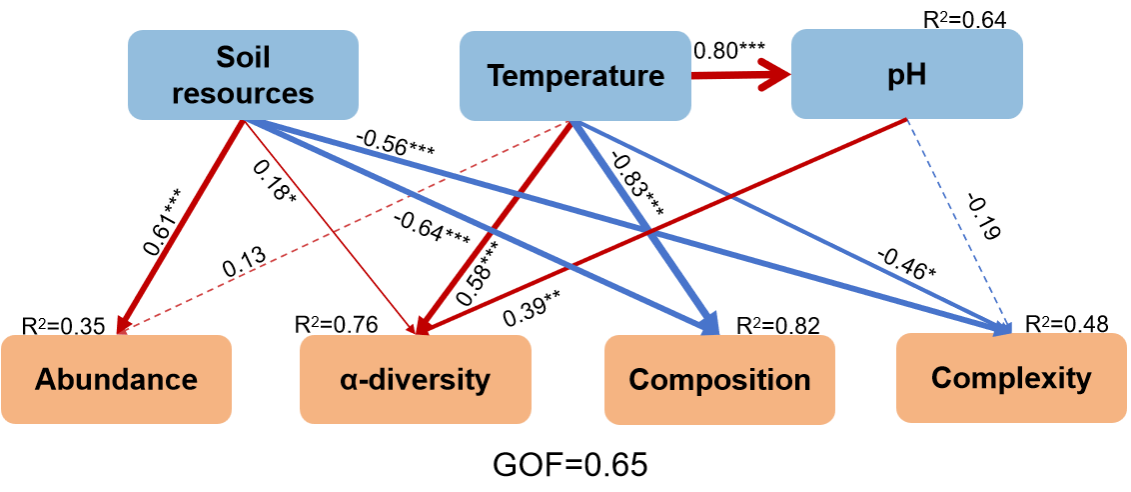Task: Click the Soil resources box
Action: click(x=243, y=75)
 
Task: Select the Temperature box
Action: click(x=574, y=76)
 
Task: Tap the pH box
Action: click(x=906, y=75)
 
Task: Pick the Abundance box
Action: click(x=116, y=379)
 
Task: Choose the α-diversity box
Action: click(x=415, y=379)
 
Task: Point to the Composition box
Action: click(x=719, y=380)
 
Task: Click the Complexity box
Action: click(x=1011, y=378)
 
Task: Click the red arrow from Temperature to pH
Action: click(x=734, y=74)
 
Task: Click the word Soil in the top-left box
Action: click(x=243, y=58)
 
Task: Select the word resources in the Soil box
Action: click(x=243, y=93)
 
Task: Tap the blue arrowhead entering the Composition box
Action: click(x=710, y=325)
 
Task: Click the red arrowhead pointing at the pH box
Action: click(x=774, y=74)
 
